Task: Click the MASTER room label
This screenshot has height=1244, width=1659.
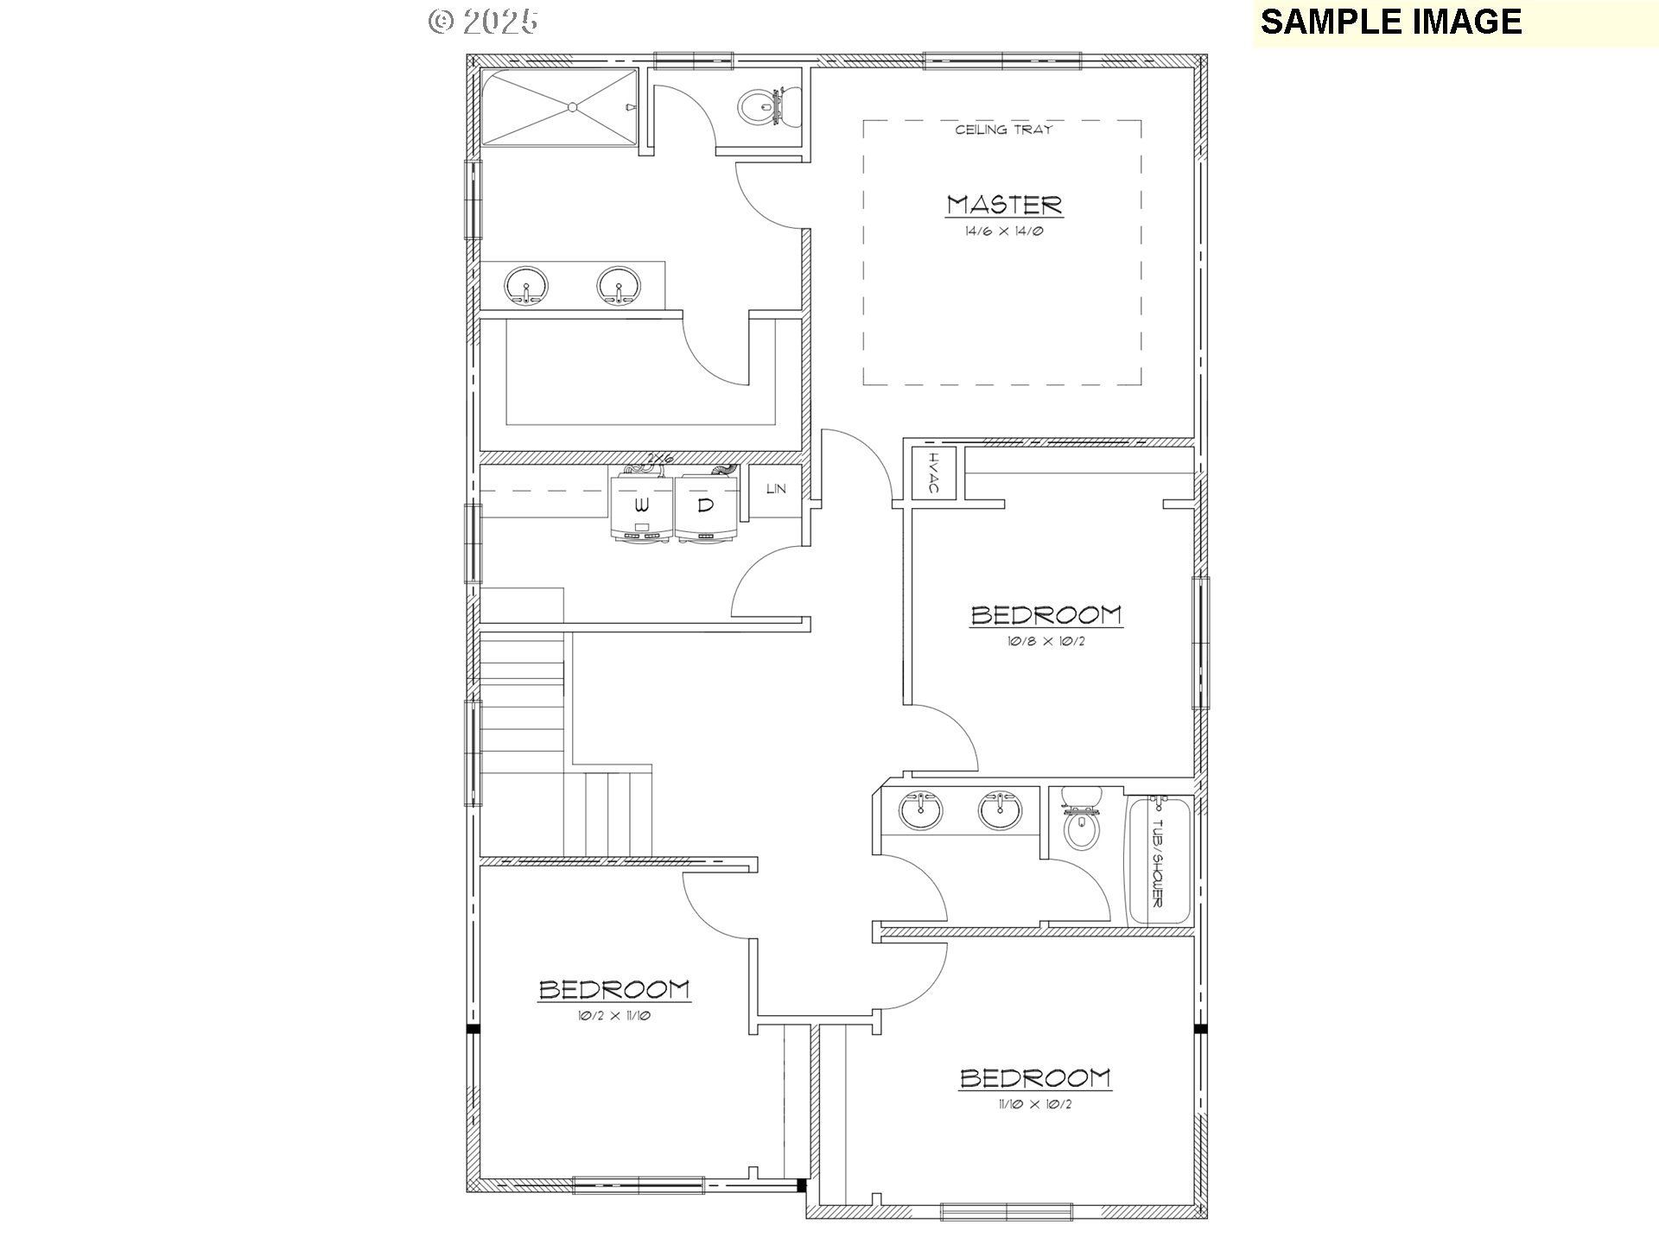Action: coord(1003,205)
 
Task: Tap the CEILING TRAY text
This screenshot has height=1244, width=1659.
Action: coord(1003,130)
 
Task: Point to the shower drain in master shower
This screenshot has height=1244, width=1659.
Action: coord(571,107)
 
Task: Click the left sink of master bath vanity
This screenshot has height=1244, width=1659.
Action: coord(526,286)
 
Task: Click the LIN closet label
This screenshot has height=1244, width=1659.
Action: coord(776,489)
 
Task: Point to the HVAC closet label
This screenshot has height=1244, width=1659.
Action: coord(934,473)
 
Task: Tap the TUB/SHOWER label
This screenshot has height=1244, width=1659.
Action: coord(1158,861)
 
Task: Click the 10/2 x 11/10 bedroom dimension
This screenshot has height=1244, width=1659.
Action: coord(613,1016)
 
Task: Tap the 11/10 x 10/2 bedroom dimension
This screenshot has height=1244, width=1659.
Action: coord(1035,1104)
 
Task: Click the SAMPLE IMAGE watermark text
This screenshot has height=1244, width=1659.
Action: coord(1390,22)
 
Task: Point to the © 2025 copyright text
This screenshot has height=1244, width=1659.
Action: coord(484,22)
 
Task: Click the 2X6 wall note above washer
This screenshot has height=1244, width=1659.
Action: coord(661,459)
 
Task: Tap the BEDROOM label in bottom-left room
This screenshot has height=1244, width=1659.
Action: coord(613,989)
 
